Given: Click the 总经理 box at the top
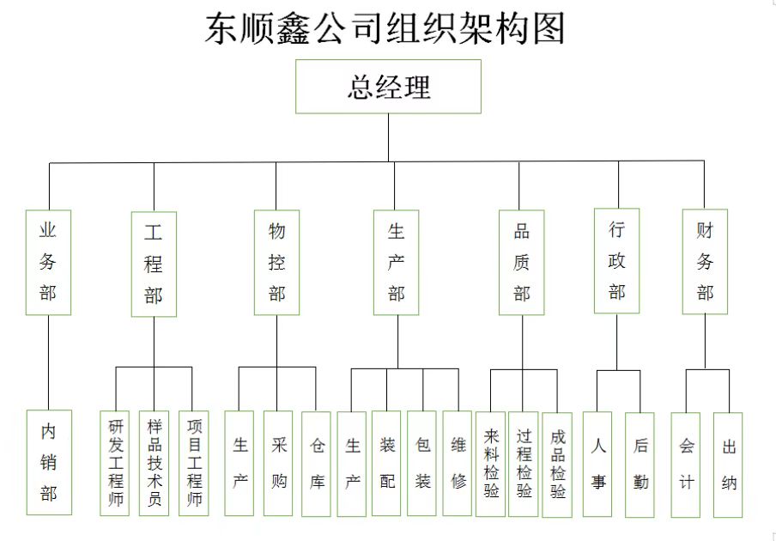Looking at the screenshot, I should [388, 87].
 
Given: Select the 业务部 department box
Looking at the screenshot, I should [48, 262].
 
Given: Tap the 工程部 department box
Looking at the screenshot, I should [154, 264].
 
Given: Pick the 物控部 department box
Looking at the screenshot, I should [276, 262].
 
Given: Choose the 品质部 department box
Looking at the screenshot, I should [521, 262].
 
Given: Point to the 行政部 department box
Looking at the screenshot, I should [616, 260].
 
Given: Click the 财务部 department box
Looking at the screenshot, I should [705, 261].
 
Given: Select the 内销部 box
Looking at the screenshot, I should [49, 463].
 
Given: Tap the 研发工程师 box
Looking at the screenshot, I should [115, 463].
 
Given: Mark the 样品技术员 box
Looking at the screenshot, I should [155, 463].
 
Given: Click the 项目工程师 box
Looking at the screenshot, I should [194, 463].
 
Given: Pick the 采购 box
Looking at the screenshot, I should [278, 463].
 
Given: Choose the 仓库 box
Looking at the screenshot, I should [317, 463].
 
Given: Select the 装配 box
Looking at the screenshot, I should [386, 463].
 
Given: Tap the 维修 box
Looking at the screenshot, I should [458, 463].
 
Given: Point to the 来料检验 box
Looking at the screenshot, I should [491, 464].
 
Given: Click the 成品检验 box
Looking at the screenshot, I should [557, 464].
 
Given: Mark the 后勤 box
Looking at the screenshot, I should [640, 464].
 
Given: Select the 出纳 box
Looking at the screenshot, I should [728, 465].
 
